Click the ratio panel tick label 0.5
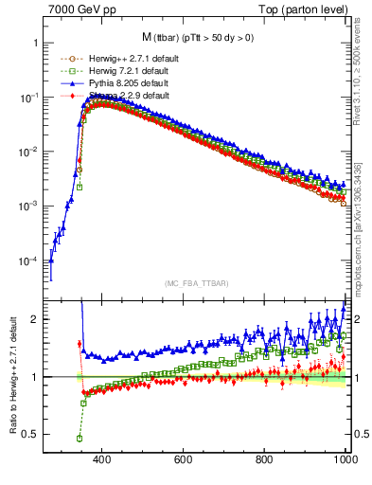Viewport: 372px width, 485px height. click(x=29, y=434)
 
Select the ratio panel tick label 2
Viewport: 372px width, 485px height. click(x=34, y=319)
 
